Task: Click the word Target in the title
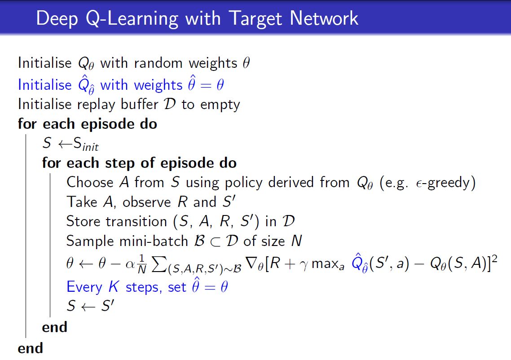click(255, 19)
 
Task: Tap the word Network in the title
click(324, 18)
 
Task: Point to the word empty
click(220, 105)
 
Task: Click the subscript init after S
click(90, 147)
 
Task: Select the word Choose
click(90, 182)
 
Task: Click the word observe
click(146, 202)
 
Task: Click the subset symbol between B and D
click(216, 242)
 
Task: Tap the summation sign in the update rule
click(159, 264)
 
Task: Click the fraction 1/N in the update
click(142, 264)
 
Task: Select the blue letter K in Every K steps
click(114, 287)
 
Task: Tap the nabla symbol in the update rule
click(252, 263)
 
